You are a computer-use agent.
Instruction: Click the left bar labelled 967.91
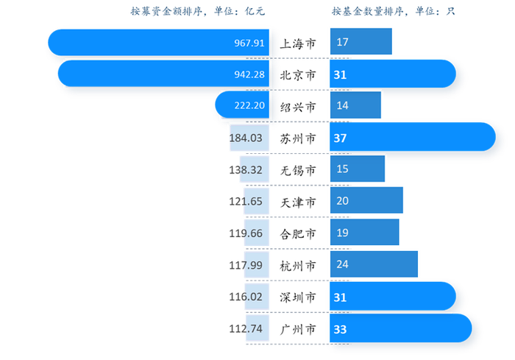(158, 43)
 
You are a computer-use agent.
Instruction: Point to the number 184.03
(246, 138)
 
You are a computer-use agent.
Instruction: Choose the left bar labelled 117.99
(257, 264)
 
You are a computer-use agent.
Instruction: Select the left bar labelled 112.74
(257, 328)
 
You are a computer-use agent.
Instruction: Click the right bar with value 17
(361, 43)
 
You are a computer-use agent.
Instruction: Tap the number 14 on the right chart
(343, 106)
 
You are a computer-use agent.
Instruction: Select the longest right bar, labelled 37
(412, 138)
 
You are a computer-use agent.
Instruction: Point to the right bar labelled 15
(358, 169)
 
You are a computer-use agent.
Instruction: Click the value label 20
(343, 201)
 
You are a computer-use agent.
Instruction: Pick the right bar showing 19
(365, 233)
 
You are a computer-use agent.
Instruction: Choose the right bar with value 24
(374, 264)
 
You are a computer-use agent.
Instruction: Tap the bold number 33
(340, 328)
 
